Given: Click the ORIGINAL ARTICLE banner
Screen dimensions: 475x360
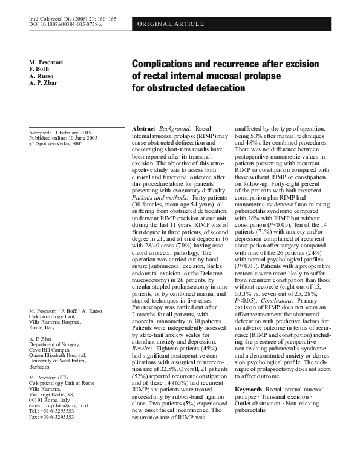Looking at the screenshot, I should pos(171,24).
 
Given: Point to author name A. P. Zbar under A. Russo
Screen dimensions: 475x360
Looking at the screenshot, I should pos(44,84).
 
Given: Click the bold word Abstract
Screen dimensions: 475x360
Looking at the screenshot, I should pos(143,129).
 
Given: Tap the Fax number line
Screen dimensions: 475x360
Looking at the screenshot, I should pos(51,401).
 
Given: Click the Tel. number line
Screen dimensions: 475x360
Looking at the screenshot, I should pos(51,395).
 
